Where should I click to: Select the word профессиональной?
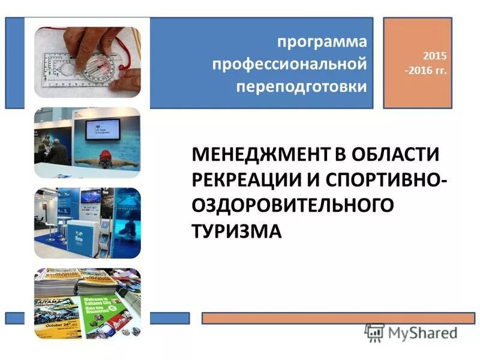(290, 64)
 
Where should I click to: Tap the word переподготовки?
(301, 86)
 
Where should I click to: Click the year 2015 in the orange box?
(436, 56)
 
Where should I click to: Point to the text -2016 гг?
(426, 70)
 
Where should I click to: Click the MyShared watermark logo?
(411, 332)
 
